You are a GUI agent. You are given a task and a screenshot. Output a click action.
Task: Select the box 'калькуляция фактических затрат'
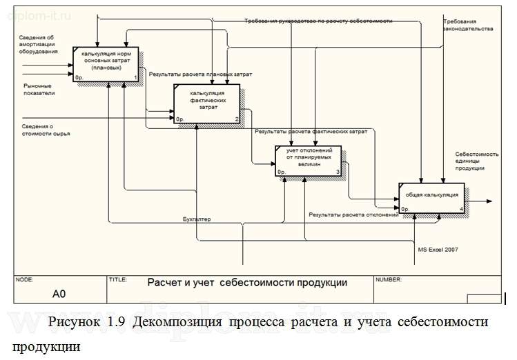[x=207, y=103]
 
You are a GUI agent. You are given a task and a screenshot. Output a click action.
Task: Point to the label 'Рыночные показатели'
[x=39, y=89]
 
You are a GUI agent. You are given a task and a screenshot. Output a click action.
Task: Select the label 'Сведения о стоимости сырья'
[x=46, y=130]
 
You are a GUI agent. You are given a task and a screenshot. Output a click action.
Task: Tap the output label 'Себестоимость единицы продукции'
[x=476, y=161]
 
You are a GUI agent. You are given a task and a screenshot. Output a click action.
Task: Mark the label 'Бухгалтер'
[x=197, y=219]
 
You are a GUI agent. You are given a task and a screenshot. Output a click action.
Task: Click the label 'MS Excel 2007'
[x=438, y=250]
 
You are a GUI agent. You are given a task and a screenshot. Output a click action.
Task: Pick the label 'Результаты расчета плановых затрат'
[x=201, y=73]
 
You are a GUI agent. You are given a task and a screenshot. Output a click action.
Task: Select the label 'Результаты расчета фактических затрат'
[x=311, y=130]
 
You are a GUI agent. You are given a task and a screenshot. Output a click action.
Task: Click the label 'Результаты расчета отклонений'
[x=353, y=215]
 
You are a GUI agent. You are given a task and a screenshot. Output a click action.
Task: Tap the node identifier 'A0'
[x=59, y=294]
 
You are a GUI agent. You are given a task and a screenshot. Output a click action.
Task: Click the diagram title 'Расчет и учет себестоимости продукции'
[x=247, y=283]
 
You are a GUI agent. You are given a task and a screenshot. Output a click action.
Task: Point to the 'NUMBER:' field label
[x=389, y=280]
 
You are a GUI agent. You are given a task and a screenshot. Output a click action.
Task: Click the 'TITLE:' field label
[x=118, y=280]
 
